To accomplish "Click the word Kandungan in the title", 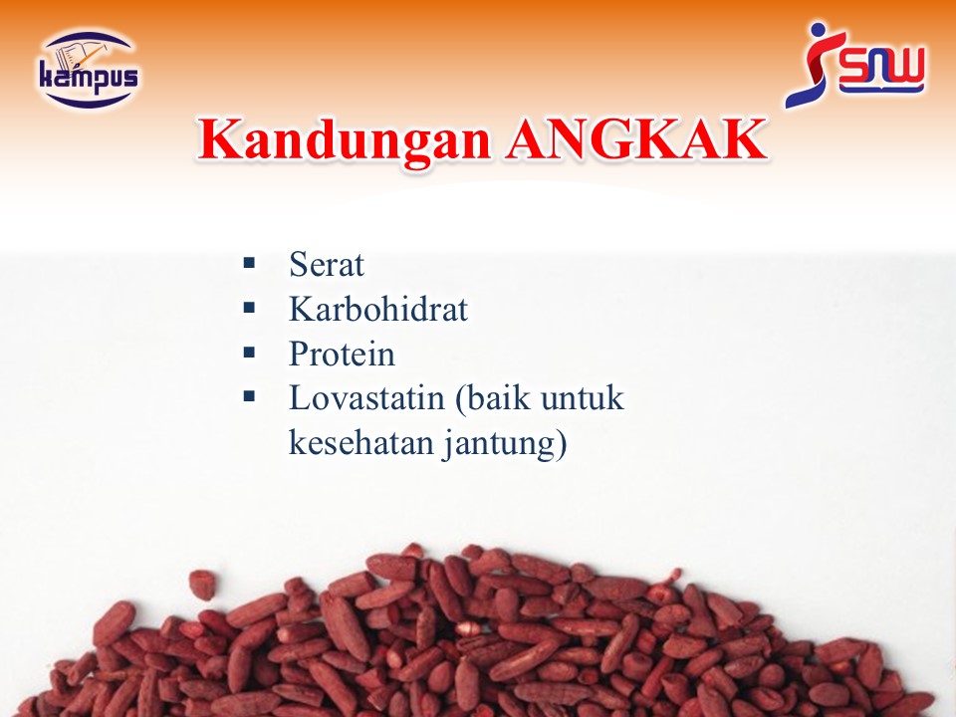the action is [345, 140].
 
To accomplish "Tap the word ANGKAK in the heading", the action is [636, 139].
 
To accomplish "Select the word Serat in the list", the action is [327, 265].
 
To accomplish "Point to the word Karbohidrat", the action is [378, 309].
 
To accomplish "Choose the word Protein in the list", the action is [342, 354].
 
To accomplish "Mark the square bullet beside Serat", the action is [249, 263].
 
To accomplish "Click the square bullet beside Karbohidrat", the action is [249, 308].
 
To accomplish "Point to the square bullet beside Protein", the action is [249, 352].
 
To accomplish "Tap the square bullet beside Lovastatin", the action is [249, 396].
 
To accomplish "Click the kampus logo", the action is [89, 70].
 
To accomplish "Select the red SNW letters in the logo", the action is [882, 70].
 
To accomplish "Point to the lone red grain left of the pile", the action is [202, 585].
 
